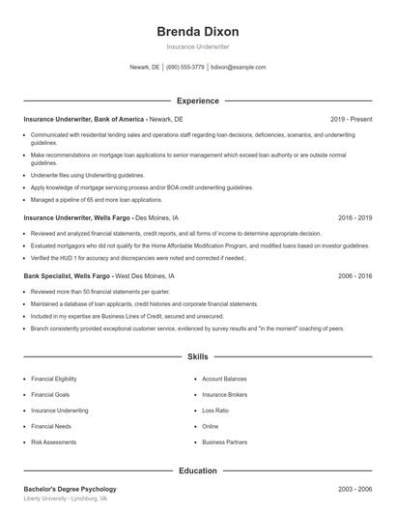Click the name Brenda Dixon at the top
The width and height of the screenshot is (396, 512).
[x=197, y=32]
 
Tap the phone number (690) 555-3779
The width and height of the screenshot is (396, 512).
[x=185, y=68]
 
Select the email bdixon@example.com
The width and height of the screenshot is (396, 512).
[x=238, y=68]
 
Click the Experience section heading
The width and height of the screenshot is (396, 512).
[x=197, y=100]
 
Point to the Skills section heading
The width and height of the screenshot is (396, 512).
[x=197, y=357]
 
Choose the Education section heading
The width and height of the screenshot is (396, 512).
[x=197, y=471]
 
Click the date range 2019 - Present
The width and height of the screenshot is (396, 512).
[x=351, y=119]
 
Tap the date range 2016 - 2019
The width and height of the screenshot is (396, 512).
[x=354, y=218]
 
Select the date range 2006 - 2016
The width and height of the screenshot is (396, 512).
[x=354, y=276]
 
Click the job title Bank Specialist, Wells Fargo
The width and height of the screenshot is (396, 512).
[x=68, y=276]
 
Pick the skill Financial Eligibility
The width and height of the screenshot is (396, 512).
[x=54, y=380]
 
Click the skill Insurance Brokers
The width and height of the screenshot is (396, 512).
[x=225, y=395]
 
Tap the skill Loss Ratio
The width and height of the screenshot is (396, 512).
[x=215, y=411]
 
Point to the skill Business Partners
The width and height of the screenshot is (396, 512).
[x=225, y=441]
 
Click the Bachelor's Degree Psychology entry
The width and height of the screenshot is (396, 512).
[x=70, y=489]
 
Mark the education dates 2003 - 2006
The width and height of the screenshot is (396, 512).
[x=354, y=489]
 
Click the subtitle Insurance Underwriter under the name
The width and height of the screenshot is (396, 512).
[x=197, y=47]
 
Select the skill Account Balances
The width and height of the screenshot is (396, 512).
[x=225, y=380]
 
